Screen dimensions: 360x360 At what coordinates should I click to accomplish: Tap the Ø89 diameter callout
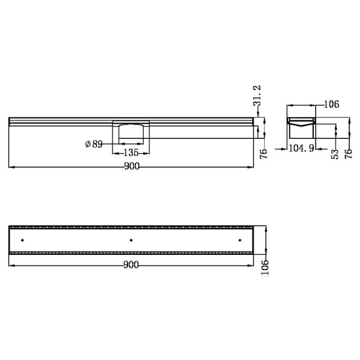94,144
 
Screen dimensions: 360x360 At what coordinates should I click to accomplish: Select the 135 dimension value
130,153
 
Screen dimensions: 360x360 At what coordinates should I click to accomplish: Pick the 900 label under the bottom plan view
130,265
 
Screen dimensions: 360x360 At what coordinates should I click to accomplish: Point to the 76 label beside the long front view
263,154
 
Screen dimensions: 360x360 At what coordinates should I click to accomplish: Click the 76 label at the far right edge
348,154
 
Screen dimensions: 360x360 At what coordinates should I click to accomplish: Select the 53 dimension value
334,154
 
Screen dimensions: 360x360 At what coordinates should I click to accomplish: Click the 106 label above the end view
331,105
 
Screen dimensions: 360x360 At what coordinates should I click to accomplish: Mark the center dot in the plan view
131,240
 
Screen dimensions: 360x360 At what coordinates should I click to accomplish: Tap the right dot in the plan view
240,240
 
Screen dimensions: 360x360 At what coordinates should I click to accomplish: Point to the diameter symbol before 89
88,144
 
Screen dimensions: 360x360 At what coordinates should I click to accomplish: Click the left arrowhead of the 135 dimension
115,153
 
